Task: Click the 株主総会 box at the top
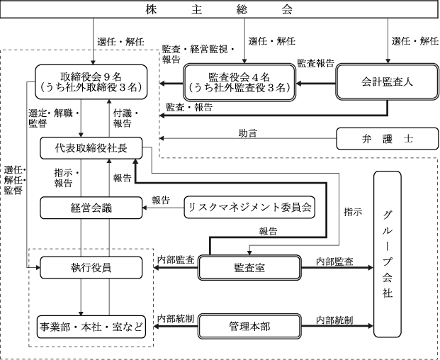click(220, 10)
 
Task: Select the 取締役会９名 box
click(91, 82)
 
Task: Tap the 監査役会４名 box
click(239, 82)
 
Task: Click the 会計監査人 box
click(388, 82)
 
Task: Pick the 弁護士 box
click(388, 139)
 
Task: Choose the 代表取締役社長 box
click(91, 148)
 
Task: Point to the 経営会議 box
click(91, 208)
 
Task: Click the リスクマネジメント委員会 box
click(249, 208)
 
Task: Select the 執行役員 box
click(91, 268)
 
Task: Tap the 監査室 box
click(249, 268)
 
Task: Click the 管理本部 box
click(249, 326)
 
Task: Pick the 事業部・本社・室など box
click(91, 327)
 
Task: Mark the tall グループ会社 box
click(388, 254)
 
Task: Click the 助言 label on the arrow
click(248, 133)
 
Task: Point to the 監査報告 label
click(316, 63)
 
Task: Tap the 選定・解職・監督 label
click(54, 118)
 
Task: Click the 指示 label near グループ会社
click(353, 212)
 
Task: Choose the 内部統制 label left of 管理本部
click(176, 319)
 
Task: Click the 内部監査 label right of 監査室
click(334, 261)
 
